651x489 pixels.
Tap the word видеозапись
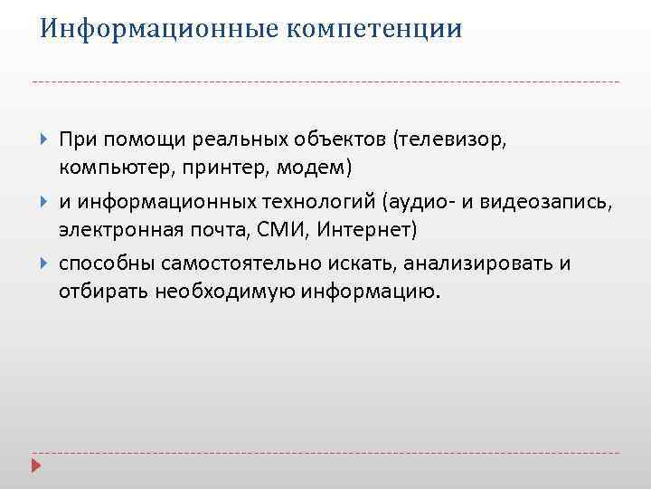(555, 203)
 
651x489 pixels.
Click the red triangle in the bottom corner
(36, 467)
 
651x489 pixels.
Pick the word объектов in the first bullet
(339, 140)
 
